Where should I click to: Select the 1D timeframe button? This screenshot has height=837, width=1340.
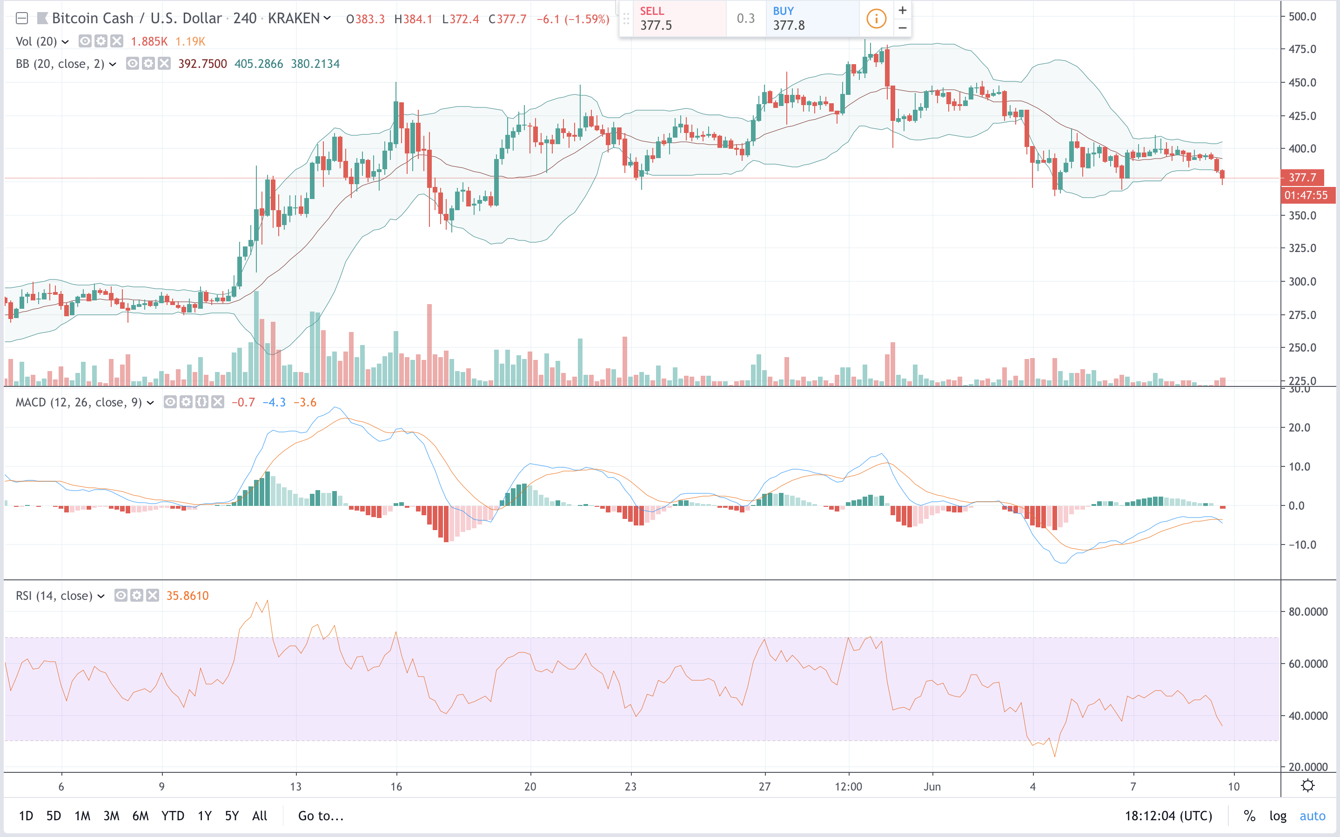click(x=26, y=816)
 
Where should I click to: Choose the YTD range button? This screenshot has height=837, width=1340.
click(x=173, y=816)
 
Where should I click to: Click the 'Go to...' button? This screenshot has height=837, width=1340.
click(x=321, y=816)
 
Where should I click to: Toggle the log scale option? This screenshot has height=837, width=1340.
click(x=1278, y=816)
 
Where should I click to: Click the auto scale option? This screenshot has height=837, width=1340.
click(x=1312, y=816)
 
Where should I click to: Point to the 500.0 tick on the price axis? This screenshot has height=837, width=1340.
click(x=1302, y=17)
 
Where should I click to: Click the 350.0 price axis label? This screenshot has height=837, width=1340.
click(x=1302, y=215)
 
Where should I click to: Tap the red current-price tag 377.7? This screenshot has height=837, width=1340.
click(x=1302, y=178)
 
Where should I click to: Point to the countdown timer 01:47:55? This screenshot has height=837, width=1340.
click(x=1306, y=195)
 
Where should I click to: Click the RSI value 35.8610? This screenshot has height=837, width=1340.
click(x=188, y=596)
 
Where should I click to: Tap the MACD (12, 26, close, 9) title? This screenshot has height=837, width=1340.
click(x=79, y=402)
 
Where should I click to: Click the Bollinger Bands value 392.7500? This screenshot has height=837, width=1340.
click(x=203, y=64)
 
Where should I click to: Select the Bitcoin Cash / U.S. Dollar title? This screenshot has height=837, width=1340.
click(x=137, y=18)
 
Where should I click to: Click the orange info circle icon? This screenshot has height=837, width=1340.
click(x=876, y=19)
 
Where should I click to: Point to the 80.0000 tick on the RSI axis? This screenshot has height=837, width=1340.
click(x=1308, y=611)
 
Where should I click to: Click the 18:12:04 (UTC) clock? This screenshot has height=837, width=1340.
click(x=1168, y=816)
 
